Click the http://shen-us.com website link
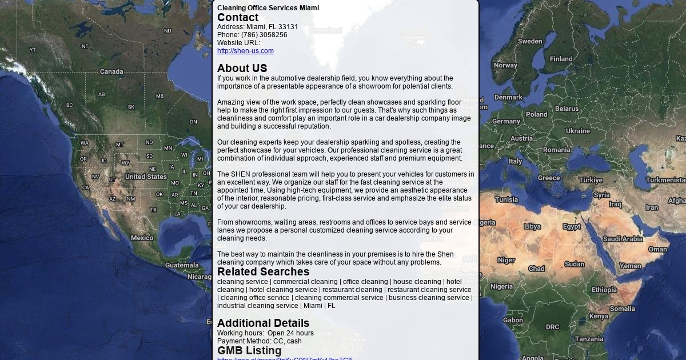point(245,51)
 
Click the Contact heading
point(238,18)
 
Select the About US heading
point(242,69)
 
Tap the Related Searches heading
point(263,272)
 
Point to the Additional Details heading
point(263,323)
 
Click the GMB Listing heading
point(249,350)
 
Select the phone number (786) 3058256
point(264,35)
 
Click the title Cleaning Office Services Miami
point(268,8)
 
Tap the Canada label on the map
point(111,71)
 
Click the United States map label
point(146,177)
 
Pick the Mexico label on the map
point(142,238)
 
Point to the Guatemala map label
point(182,265)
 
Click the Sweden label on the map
point(530,41)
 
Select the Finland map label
point(561,59)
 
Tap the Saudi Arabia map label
point(623,239)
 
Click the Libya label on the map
point(532,226)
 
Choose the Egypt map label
point(572,226)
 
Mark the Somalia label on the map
point(622,309)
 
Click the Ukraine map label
point(577,131)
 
